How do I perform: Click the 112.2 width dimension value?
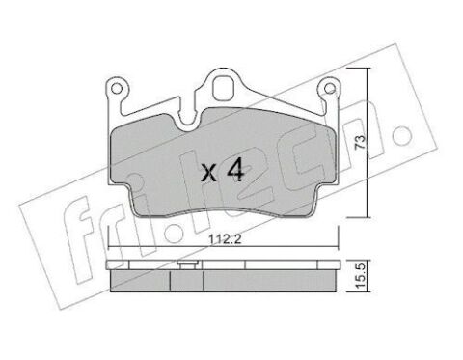click(225, 239)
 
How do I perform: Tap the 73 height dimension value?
click(361, 142)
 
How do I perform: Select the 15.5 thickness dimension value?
click(361, 276)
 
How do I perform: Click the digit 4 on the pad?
click(235, 171)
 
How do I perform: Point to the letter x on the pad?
click(209, 174)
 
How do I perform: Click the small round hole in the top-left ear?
click(117, 88)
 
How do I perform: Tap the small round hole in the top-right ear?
click(329, 88)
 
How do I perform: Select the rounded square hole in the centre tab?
click(223, 88)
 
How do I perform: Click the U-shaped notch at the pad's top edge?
click(189, 124)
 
